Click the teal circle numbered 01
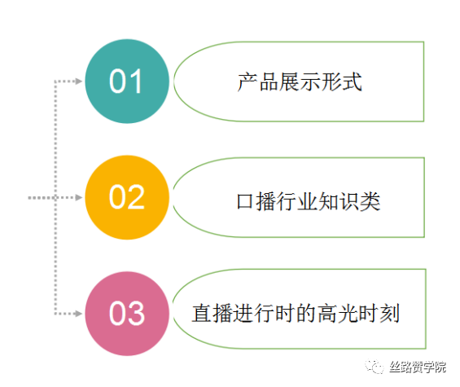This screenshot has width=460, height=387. click(127, 81)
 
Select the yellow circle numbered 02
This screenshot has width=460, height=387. click(127, 197)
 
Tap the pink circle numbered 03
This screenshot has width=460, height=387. click(127, 314)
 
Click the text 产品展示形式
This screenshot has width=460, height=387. click(300, 82)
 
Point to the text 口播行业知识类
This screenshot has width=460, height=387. click(309, 201)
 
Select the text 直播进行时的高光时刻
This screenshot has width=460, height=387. click(296, 314)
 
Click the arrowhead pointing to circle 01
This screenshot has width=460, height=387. click(79, 81)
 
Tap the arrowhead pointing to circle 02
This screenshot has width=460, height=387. click(79, 197)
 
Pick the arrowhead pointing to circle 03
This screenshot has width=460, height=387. click(79, 314)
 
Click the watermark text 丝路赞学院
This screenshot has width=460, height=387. click(418, 367)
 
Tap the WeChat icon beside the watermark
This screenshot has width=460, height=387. click(375, 367)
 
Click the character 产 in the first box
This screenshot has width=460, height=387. click(248, 82)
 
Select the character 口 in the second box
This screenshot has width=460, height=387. click(245, 201)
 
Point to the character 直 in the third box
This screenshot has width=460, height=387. click(202, 314)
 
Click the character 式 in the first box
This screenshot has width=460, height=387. click(352, 82)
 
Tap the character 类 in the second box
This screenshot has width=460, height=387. click(370, 201)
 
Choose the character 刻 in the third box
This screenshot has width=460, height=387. click(390, 314)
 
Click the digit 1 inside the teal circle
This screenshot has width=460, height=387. click(137, 81)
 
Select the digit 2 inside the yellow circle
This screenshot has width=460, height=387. click(137, 197)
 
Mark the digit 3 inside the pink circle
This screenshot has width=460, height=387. click(137, 314)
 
